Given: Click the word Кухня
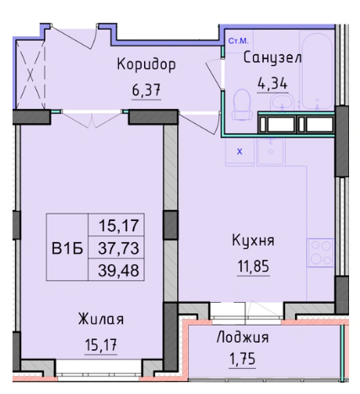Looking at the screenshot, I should tap(254, 240).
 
